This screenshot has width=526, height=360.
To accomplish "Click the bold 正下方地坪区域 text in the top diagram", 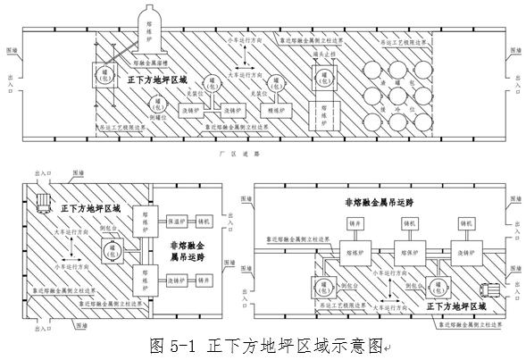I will [x=159, y=80].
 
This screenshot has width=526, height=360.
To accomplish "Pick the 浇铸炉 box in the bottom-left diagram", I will [x=176, y=280].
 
